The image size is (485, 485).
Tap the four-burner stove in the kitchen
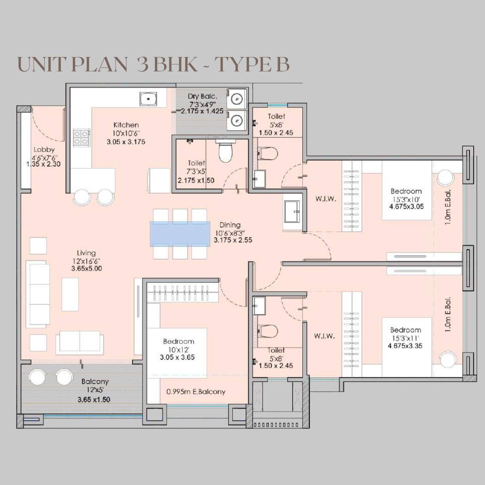tap(81, 137)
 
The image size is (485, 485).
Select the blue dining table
tap(180, 234)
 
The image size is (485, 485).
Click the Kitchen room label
tap(126, 125)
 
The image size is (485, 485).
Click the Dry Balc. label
tap(202, 96)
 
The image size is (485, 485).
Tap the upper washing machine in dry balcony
tap(237, 98)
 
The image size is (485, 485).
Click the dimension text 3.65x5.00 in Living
tap(86, 268)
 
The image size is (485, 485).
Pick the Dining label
tap(230, 225)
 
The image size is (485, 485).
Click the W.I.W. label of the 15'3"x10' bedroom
tap(325, 199)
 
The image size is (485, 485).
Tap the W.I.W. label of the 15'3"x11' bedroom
tap(324, 336)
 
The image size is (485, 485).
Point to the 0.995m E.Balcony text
tap(196, 392)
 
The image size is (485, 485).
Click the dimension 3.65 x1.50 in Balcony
tap(94, 399)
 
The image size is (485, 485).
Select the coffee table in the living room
tap(70, 294)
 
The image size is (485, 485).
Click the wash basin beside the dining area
tap(293, 212)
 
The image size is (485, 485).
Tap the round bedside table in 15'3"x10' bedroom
tap(445, 177)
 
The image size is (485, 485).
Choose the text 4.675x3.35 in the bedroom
tap(405, 346)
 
